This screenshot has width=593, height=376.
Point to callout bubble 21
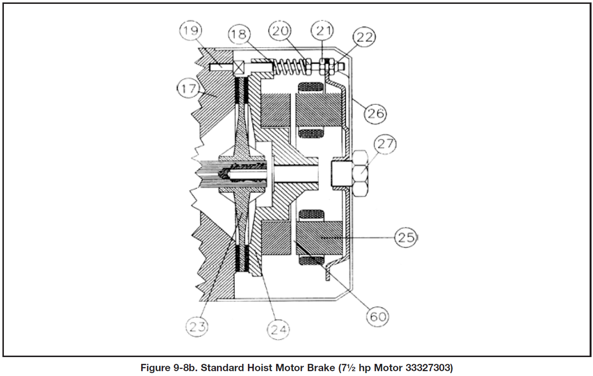324,32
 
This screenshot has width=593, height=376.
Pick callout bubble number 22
363,37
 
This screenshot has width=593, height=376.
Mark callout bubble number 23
197,327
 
